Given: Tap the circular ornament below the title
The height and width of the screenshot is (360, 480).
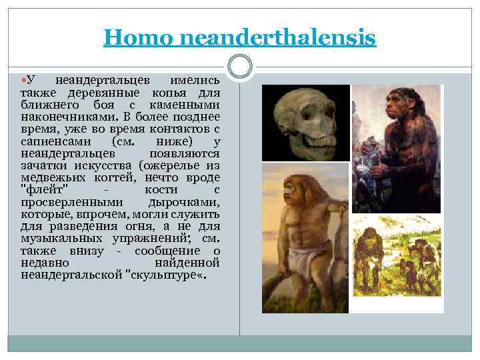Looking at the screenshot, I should point(239,65).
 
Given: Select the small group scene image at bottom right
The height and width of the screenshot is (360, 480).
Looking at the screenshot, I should point(397,263).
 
